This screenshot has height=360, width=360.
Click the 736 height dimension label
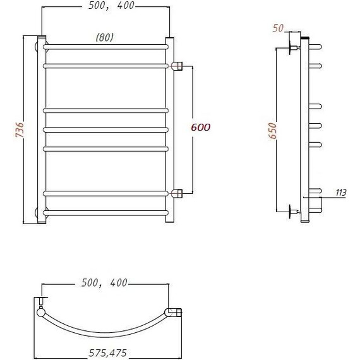20,129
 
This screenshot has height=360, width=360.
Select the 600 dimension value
201,127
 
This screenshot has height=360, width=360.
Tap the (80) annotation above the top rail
105,37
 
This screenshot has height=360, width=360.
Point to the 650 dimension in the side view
273,131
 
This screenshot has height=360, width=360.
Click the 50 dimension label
278,28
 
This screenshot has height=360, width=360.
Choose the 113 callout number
341,193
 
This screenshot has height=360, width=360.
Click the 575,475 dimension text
107,352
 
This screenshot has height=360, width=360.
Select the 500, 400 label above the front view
111,6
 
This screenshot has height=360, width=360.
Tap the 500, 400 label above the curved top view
104,282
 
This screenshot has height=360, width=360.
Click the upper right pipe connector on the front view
177,66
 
